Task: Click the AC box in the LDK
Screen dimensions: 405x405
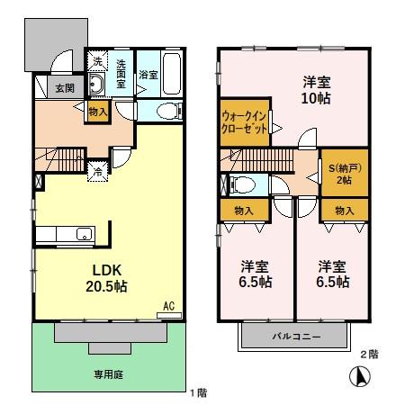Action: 168,307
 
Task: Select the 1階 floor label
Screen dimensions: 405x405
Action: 200,392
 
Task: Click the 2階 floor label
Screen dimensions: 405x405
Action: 368,355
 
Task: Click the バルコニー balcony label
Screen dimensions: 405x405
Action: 293,337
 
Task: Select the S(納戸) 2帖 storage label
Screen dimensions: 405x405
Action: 343,174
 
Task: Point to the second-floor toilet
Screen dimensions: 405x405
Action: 241,184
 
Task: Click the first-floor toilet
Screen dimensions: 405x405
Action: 168,112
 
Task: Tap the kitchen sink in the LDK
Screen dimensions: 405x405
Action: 83,236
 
